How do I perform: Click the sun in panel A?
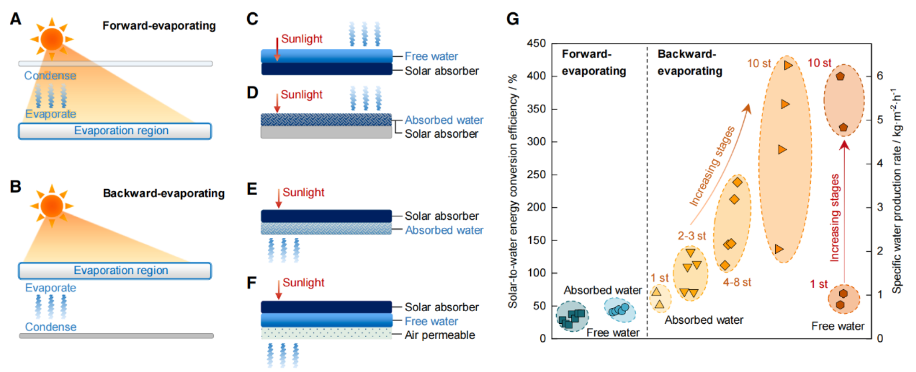click(52, 39)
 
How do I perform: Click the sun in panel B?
click(52, 206)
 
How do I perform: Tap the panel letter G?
click(512, 19)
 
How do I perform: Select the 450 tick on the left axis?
click(536, 43)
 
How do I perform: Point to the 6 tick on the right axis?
click(880, 76)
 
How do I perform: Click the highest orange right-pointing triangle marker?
click(788, 65)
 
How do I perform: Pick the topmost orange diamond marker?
click(738, 182)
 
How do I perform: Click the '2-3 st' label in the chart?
click(692, 236)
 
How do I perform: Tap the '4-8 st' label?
click(737, 282)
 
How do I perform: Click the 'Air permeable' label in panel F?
click(440, 335)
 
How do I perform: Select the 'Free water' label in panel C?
click(431, 56)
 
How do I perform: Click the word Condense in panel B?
click(51, 327)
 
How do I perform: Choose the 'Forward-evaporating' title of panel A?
click(159, 25)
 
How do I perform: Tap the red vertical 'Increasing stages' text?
click(835, 217)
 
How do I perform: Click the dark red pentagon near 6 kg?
click(840, 76)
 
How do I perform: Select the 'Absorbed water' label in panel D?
click(444, 120)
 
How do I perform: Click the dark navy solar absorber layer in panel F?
click(326, 307)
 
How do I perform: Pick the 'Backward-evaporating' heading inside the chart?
click(690, 63)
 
